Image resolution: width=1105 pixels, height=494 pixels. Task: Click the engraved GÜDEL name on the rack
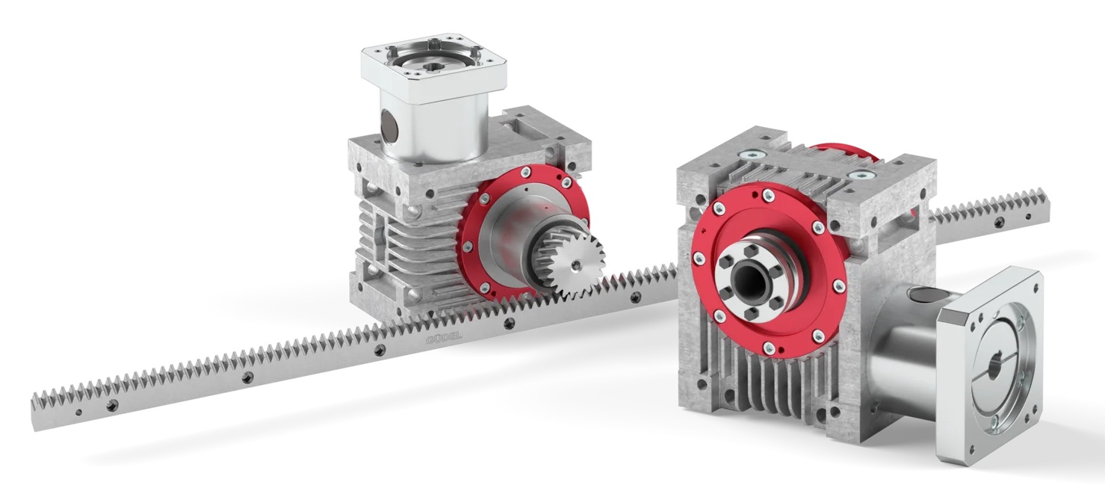pos(443,339)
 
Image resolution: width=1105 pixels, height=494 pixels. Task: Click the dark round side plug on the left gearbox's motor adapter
pos(389,123)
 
